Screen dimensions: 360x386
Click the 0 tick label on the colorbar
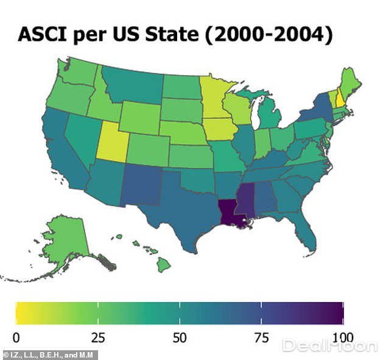click(16, 337)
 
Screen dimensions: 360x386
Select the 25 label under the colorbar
click(97, 337)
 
